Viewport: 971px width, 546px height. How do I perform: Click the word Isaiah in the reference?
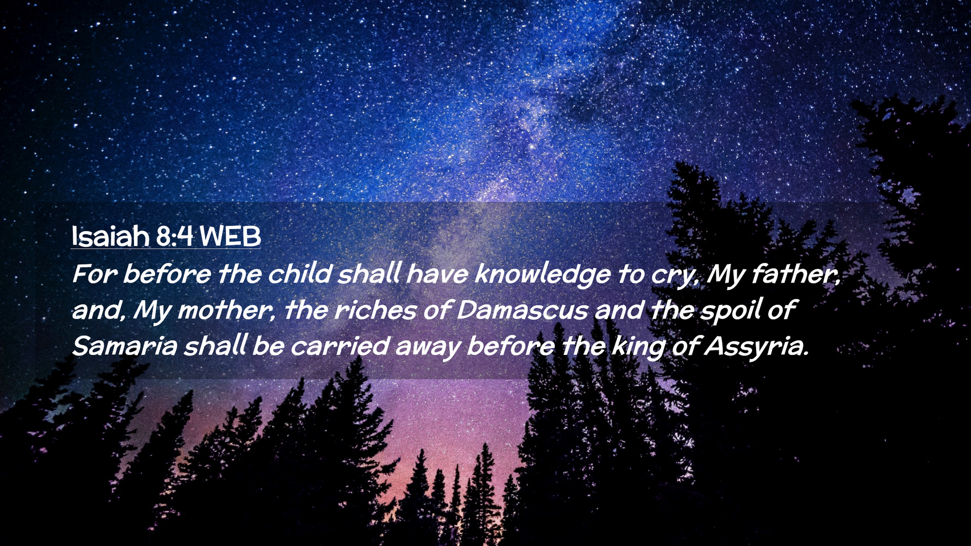point(111,236)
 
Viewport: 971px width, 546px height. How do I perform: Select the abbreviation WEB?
point(230,236)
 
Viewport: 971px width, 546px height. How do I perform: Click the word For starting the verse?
point(95,275)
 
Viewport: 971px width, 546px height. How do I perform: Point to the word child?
point(299,274)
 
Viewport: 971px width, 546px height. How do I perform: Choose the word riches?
point(375,310)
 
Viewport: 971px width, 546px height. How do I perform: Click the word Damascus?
point(522,310)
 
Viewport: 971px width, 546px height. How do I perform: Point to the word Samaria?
point(124,346)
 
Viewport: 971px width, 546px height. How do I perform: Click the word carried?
point(339,346)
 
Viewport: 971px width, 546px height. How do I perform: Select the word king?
point(639,347)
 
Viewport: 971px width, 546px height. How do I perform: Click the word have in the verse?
point(437,274)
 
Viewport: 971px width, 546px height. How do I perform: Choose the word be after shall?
point(268,346)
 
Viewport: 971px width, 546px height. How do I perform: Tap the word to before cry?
point(630,275)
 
